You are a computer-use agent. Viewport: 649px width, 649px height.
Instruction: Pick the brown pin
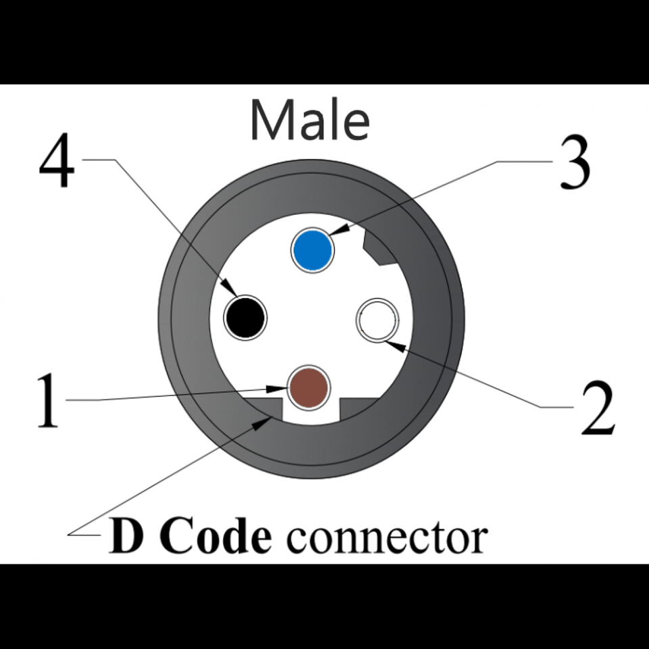(309, 388)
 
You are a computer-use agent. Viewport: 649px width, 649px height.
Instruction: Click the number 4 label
(57, 166)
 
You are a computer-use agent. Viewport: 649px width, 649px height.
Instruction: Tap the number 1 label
(47, 402)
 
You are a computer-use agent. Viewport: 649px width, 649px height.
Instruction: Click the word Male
(310, 120)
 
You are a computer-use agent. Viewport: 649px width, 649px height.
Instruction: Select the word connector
(386, 538)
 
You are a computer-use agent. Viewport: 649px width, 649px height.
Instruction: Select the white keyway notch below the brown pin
(310, 412)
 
